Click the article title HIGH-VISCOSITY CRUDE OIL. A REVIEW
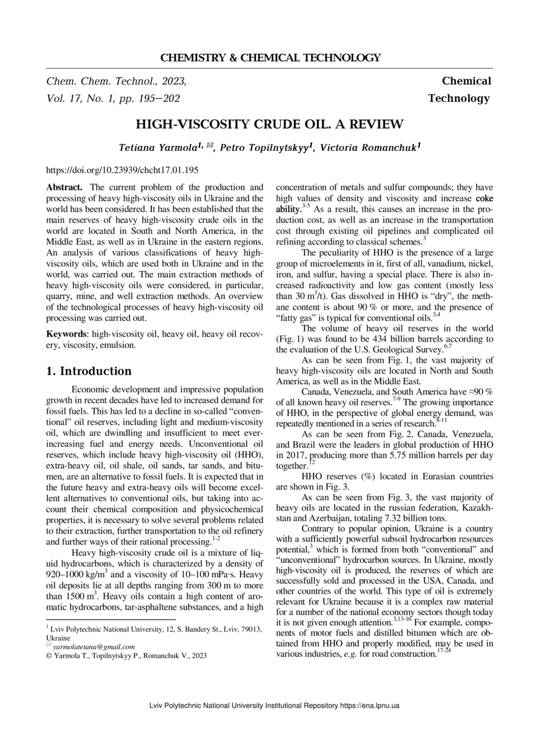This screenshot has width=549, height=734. coord(270,124)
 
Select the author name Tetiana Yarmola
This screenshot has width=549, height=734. coord(157,147)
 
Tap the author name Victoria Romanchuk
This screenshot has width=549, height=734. coord(368,147)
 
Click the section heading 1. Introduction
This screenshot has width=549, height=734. coord(89,372)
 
